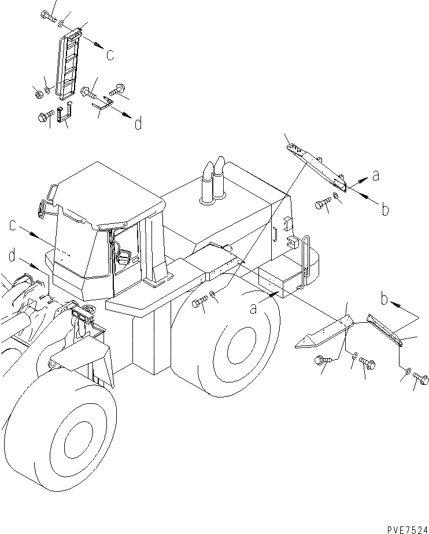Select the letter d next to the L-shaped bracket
[138, 123]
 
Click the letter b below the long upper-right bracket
[385, 209]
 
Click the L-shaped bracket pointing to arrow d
[104, 104]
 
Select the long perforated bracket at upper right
[317, 168]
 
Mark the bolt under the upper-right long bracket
[323, 204]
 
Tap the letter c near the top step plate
[109, 55]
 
